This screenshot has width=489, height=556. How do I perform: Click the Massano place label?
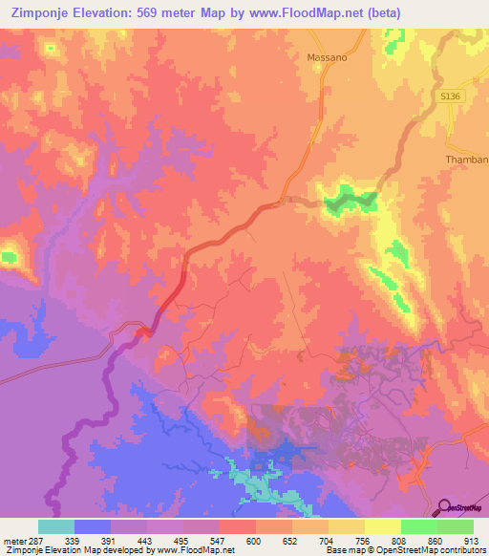pos(327,57)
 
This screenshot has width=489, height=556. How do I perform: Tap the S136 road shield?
pos(451,97)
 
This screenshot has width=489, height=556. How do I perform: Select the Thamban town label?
pos(467,160)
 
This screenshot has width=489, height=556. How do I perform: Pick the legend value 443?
pos(148,540)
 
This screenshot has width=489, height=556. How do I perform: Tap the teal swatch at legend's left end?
pos(56,526)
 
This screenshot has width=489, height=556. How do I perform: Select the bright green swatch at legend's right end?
pos(455,526)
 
